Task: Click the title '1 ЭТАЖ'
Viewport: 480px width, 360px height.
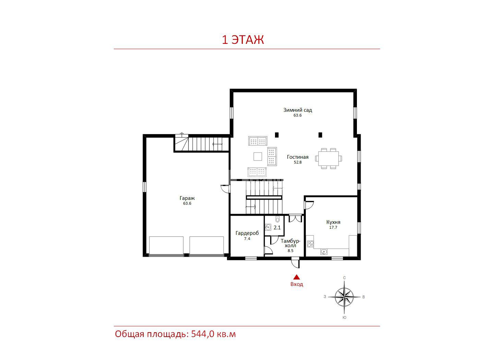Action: click(243, 40)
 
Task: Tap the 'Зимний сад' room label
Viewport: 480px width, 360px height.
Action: click(297, 110)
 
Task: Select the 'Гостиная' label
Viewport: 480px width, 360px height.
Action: click(297, 157)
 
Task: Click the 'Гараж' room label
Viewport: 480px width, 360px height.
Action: click(187, 198)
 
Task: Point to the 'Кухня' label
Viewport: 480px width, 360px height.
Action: click(333, 222)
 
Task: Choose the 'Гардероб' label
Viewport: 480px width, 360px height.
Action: click(247, 233)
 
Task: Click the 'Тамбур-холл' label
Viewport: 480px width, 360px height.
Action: click(290, 243)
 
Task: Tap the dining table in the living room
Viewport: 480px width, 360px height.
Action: click(328, 158)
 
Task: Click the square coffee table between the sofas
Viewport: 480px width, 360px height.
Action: click(257, 156)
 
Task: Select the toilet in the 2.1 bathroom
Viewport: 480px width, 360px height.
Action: click(277, 219)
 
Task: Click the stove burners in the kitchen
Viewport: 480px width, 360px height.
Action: click(310, 244)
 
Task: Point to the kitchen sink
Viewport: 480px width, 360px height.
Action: click(324, 252)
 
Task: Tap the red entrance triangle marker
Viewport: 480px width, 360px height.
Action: click(297, 277)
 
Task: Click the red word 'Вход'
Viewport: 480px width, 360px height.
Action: click(297, 284)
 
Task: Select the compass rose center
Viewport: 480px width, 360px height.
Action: click(344, 297)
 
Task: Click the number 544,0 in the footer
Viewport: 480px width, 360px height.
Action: click(203, 334)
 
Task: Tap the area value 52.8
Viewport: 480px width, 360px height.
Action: click(298, 162)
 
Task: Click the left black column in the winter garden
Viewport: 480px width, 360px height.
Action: click(277, 135)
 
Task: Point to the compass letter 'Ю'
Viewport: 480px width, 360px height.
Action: click(344, 317)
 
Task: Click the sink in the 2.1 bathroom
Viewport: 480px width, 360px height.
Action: click(268, 227)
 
